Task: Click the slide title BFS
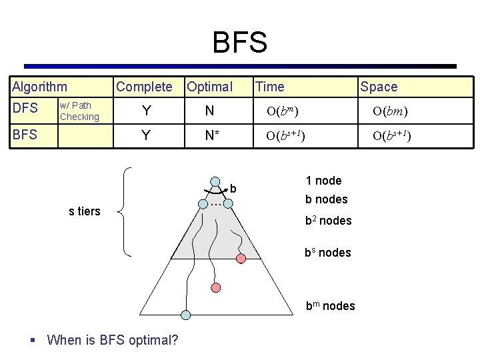pos(239,43)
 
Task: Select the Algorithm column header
pos(39,87)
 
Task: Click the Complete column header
pos(144,87)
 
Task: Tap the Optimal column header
pos(209,87)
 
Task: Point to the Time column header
pos(269,87)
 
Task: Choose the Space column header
pos(379,87)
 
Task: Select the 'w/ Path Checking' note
pos(79,111)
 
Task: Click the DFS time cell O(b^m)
pos(283,111)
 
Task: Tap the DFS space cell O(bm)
pos(390,111)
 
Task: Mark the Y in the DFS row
pos(145,111)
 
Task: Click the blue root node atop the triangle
pos(216,181)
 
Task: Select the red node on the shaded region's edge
pos(241,258)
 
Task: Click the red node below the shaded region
pos(215,287)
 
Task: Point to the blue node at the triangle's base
pos(186,315)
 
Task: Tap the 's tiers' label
pos(85,211)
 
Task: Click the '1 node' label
pos(323,181)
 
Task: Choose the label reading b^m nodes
pos(330,306)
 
